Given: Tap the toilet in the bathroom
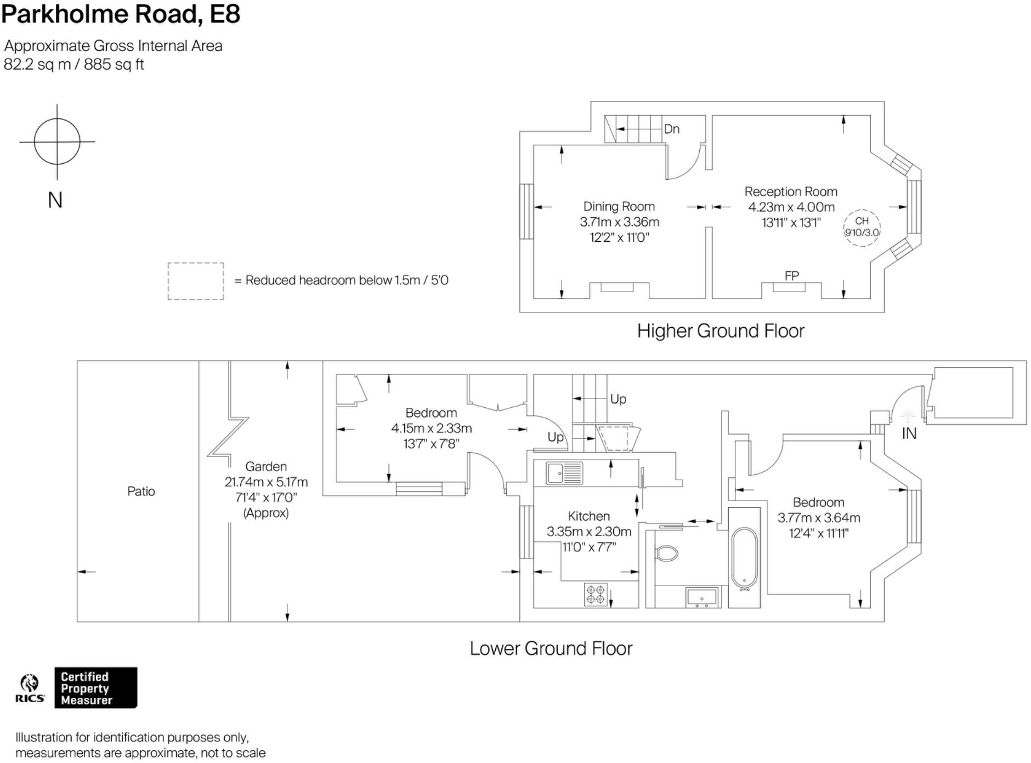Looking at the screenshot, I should pyautogui.click(x=667, y=553).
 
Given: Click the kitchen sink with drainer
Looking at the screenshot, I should pyautogui.click(x=564, y=473).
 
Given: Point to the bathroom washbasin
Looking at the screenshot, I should pyautogui.click(x=702, y=597).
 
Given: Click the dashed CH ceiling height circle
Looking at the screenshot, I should pyautogui.click(x=862, y=227).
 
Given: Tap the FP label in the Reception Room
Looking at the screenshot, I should pyautogui.click(x=791, y=276).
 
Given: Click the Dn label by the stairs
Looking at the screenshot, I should pyautogui.click(x=672, y=129).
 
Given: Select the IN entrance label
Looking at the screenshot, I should pyautogui.click(x=909, y=434).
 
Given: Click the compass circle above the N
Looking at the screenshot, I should pyautogui.click(x=57, y=141).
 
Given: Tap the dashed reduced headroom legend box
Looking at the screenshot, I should pyautogui.click(x=196, y=281).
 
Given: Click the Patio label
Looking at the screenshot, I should pyautogui.click(x=141, y=491).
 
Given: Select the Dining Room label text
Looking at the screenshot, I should pyautogui.click(x=619, y=207).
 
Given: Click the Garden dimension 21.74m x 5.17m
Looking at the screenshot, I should pyautogui.click(x=266, y=482).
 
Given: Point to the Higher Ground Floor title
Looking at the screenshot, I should pyautogui.click(x=720, y=331).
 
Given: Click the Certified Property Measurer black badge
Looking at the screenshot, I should pyautogui.click(x=95, y=688).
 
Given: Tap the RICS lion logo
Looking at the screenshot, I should pyautogui.click(x=29, y=684).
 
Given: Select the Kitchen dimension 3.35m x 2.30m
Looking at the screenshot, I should pyautogui.click(x=588, y=532).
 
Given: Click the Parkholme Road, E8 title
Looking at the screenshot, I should pyautogui.click(x=121, y=14).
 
